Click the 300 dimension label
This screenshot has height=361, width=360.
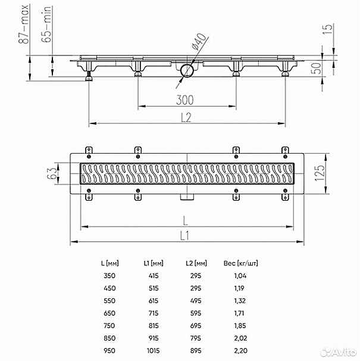coord(186,99)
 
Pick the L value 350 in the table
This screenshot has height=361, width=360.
coord(109,276)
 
